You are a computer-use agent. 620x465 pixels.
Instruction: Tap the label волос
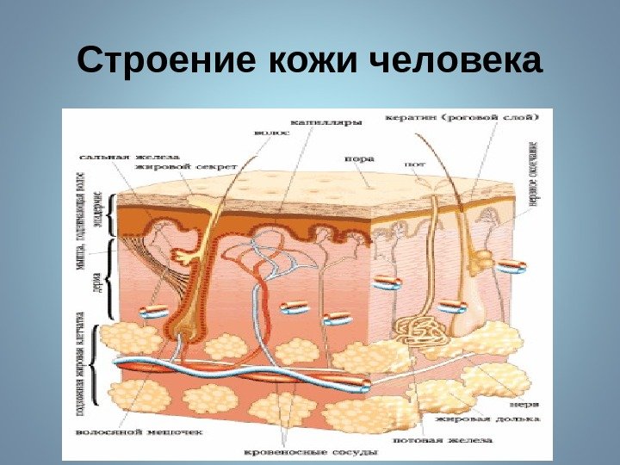[x=266, y=133]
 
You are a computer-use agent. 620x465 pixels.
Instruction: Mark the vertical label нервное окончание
[x=534, y=173]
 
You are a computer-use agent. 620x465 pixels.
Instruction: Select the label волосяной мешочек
[x=117, y=431]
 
